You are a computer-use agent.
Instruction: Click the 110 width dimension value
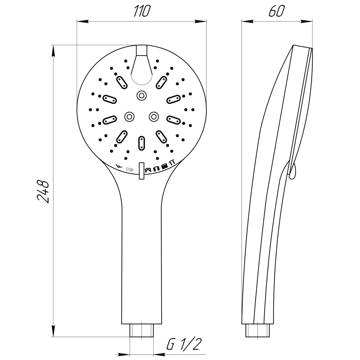pyautogui.click(x=142, y=11)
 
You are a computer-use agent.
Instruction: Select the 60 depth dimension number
pyautogui.click(x=276, y=11)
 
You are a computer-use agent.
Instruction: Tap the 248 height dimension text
pyautogui.click(x=43, y=192)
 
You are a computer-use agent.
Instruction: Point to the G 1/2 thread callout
pyautogui.click(x=184, y=345)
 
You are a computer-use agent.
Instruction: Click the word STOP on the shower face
pyautogui.click(x=130, y=170)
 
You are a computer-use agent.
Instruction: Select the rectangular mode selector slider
pyautogui.click(x=141, y=171)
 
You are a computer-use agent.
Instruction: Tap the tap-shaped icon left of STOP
pyautogui.click(x=119, y=166)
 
